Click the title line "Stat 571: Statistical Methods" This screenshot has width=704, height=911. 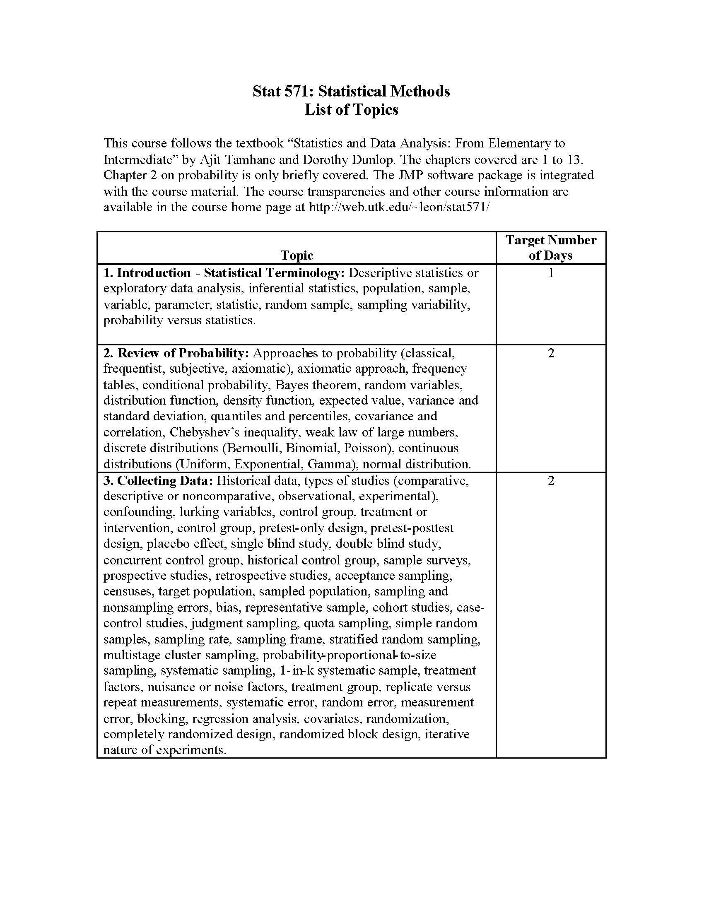(351, 91)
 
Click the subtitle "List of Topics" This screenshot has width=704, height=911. (351, 110)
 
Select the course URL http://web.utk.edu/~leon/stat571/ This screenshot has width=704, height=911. (399, 207)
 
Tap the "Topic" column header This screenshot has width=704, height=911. (297, 255)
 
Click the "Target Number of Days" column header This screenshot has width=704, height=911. (550, 247)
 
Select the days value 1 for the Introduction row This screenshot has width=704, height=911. (550, 273)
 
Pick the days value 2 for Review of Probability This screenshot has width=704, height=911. (550, 353)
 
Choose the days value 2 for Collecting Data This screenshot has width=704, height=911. (550, 480)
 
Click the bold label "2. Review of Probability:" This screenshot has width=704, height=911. (176, 353)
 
